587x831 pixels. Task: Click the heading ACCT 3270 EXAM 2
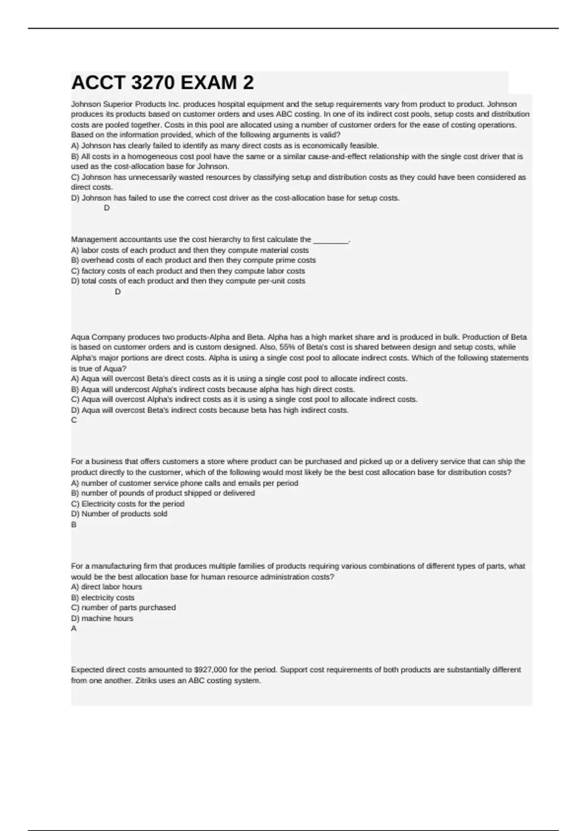[162, 83]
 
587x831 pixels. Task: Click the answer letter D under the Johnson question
[107, 208]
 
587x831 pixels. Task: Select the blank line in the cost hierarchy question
[331, 240]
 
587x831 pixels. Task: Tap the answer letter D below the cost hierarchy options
[117, 292]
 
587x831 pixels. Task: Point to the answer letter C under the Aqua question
[74, 420]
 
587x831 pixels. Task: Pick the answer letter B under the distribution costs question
[74, 525]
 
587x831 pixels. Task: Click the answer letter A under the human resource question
[74, 629]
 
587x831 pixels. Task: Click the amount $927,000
[210, 670]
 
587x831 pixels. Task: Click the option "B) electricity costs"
[103, 597]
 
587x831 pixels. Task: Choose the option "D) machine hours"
[102, 618]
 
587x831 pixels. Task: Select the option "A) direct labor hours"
[107, 587]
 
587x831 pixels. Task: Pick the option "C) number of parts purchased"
[123, 608]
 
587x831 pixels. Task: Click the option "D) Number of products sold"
[119, 514]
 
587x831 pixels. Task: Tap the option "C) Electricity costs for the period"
[128, 503]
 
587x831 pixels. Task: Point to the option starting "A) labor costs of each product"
[190, 250]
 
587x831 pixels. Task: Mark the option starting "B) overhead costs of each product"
[193, 261]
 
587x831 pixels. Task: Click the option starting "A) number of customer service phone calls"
[184, 483]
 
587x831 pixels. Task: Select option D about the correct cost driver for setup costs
[235, 198]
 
